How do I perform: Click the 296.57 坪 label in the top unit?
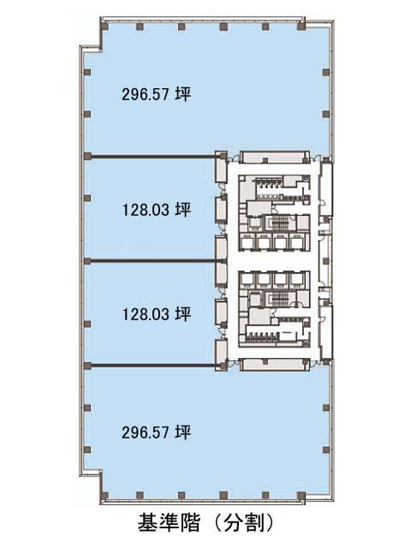[x=156, y=94]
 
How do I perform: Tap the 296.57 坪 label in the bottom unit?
[x=156, y=432]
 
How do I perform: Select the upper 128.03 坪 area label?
[x=157, y=210]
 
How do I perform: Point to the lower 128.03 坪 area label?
[x=157, y=314]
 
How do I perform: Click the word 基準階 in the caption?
[x=169, y=523]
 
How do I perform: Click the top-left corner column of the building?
[x=104, y=27]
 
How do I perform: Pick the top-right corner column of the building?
[x=301, y=27]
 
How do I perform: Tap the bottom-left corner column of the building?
[x=104, y=495]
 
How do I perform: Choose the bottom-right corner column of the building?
[x=301, y=495]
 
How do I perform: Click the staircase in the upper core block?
[x=279, y=223]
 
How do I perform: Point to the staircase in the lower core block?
[x=279, y=299]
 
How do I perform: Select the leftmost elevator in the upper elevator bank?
[x=247, y=241]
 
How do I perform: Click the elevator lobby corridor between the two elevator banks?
[x=273, y=260]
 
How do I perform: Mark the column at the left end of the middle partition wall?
[x=87, y=261]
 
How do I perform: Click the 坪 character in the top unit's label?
[x=183, y=94]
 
